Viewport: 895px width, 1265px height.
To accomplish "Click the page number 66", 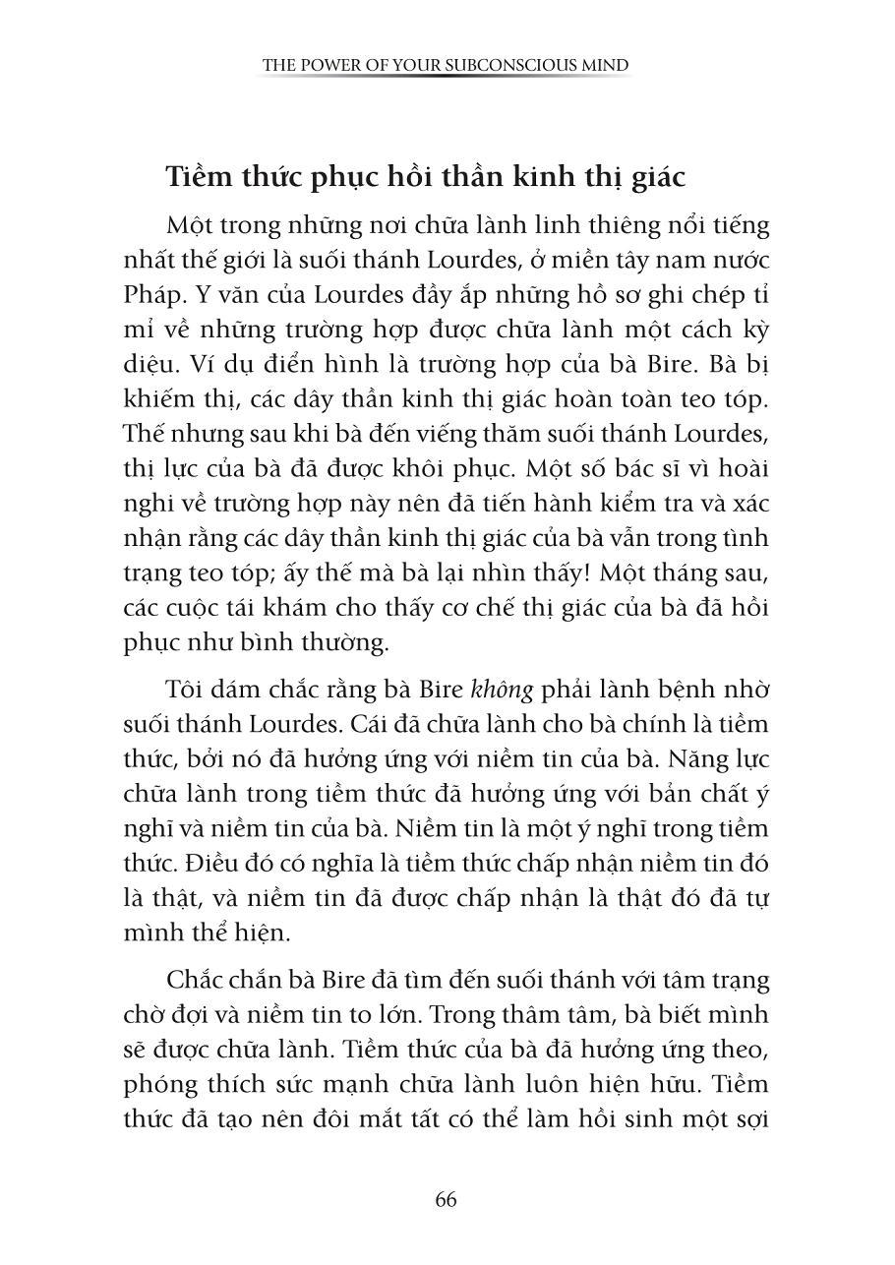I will (446, 1199).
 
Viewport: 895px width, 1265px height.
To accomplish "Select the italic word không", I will (499, 691).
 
